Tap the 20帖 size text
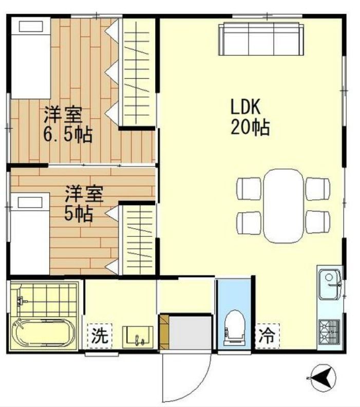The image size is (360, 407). (x=250, y=128)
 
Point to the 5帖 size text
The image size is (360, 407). (x=78, y=213)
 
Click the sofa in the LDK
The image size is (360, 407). (x=261, y=39)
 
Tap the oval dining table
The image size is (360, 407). (x=285, y=205)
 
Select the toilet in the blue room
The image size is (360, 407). (x=234, y=327)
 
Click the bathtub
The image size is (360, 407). (x=43, y=334)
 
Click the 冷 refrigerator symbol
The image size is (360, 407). (x=267, y=336)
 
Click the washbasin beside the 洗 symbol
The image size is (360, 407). (x=138, y=337)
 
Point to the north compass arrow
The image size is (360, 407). (x=324, y=379)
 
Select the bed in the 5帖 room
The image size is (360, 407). (x=30, y=234)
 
